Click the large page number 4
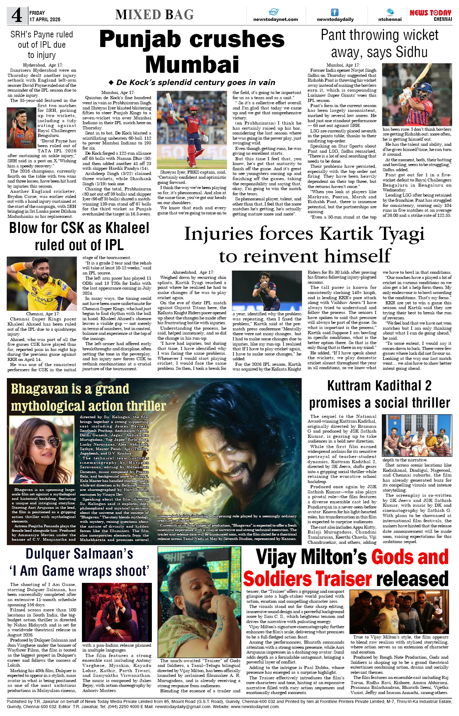click(17, 15)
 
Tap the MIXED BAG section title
click(154, 15)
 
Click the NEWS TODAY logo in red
click(431, 13)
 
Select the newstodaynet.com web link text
click(275, 20)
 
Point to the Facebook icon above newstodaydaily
click(335, 12)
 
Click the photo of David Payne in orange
click(21, 128)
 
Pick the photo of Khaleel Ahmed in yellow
click(42, 284)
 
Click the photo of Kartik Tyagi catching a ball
click(267, 291)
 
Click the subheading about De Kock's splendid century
click(195, 82)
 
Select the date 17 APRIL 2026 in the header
click(45, 20)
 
